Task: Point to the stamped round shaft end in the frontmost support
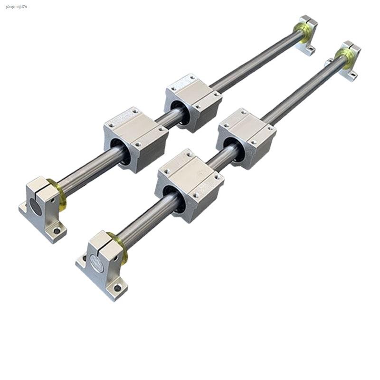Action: (x=97, y=262)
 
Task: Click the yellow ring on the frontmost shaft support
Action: (x=119, y=247)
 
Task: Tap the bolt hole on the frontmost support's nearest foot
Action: (x=117, y=288)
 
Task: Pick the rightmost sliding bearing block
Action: (x=246, y=138)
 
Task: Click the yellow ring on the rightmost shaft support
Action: (x=342, y=56)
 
